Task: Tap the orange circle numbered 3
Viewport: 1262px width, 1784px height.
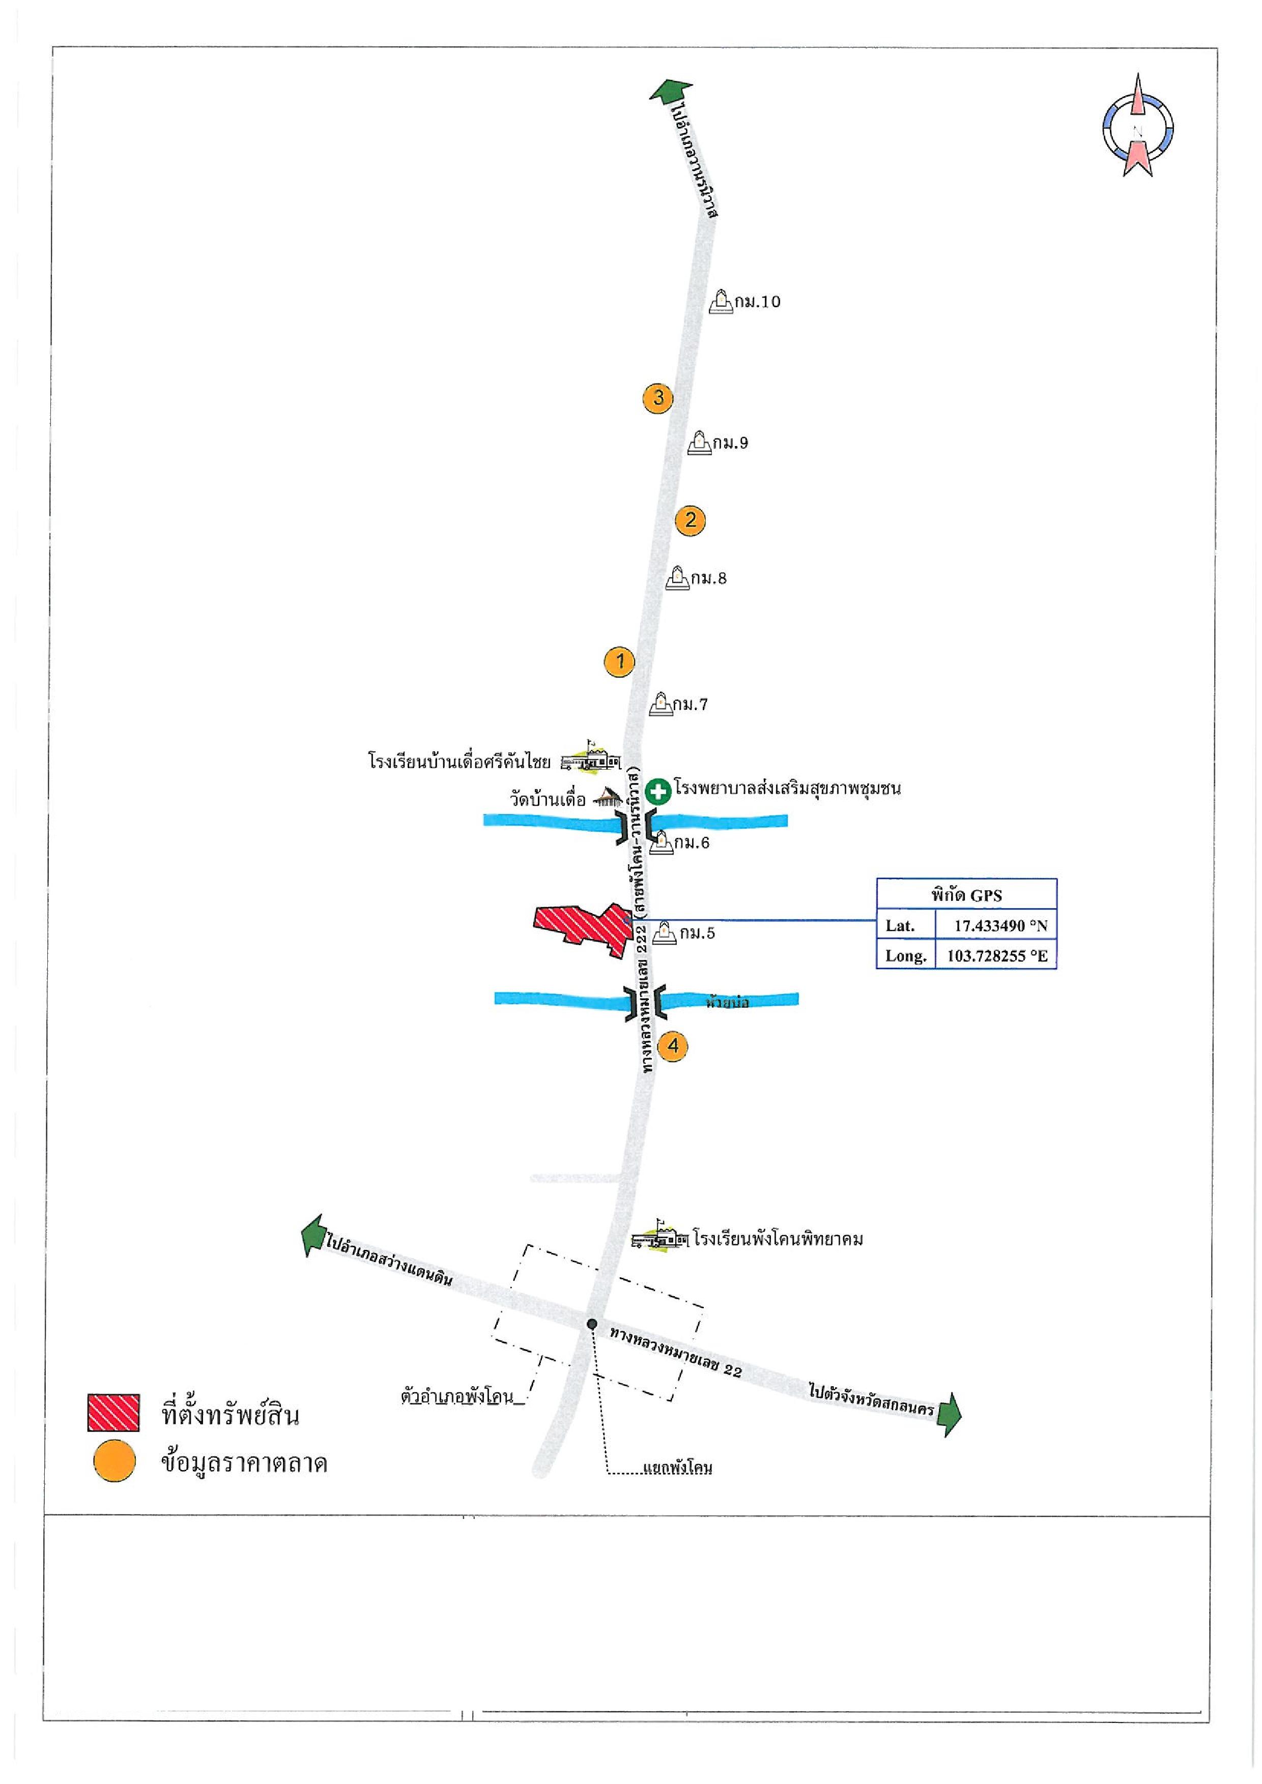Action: tap(658, 398)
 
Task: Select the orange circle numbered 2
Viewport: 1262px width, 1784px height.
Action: tap(690, 520)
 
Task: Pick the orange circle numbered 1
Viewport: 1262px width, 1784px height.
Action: tap(619, 661)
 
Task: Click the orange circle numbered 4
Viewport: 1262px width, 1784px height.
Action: tap(673, 1046)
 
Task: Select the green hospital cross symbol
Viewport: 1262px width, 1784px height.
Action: tap(658, 792)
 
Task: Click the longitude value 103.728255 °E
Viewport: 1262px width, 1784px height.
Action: tap(996, 956)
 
